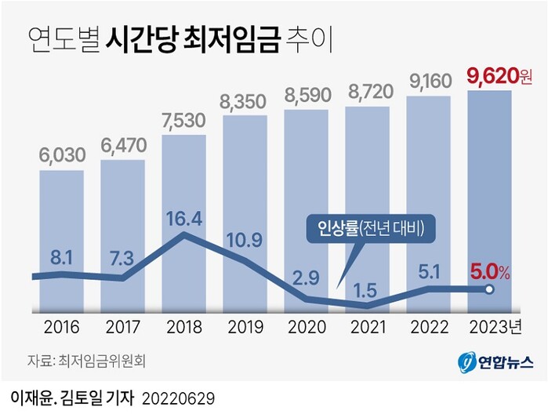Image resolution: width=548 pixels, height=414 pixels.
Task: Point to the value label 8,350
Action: point(245,102)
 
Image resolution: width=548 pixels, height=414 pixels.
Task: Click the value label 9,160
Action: point(428,81)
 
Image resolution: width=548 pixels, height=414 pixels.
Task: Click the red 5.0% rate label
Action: point(490,273)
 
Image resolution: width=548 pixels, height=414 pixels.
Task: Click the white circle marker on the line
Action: point(488,290)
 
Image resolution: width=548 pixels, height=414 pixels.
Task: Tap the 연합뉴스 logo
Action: point(496,361)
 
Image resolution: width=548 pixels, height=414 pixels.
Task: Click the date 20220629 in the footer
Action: point(178,396)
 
